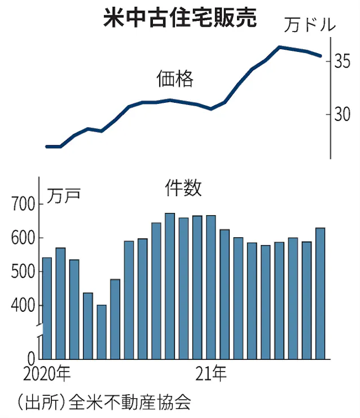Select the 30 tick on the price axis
pos(341,115)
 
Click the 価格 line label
pos(175,80)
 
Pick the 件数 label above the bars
pos(183,189)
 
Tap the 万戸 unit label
pos(63,195)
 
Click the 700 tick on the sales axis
pos(23,204)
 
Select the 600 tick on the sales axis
pos(23,238)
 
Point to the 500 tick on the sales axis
pos(23,272)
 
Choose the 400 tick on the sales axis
pos(23,306)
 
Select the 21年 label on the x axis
pos(211,373)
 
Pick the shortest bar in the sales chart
pos(102,332)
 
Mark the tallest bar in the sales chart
pos(170,285)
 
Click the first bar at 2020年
pos(47,308)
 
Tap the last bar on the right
pos(320,293)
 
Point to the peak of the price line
pos(279,47)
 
